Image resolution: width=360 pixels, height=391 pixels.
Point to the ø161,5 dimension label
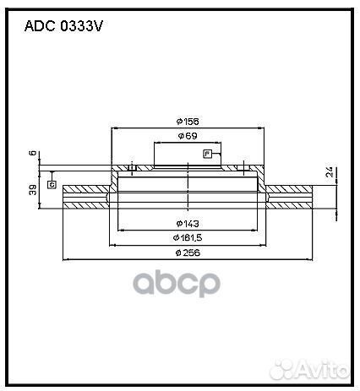point(186,238)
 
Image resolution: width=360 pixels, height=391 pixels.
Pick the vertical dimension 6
point(33,154)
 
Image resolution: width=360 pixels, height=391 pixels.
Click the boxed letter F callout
point(207,153)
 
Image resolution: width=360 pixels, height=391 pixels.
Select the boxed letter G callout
point(52,183)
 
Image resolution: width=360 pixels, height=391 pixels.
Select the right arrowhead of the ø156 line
point(258,128)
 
